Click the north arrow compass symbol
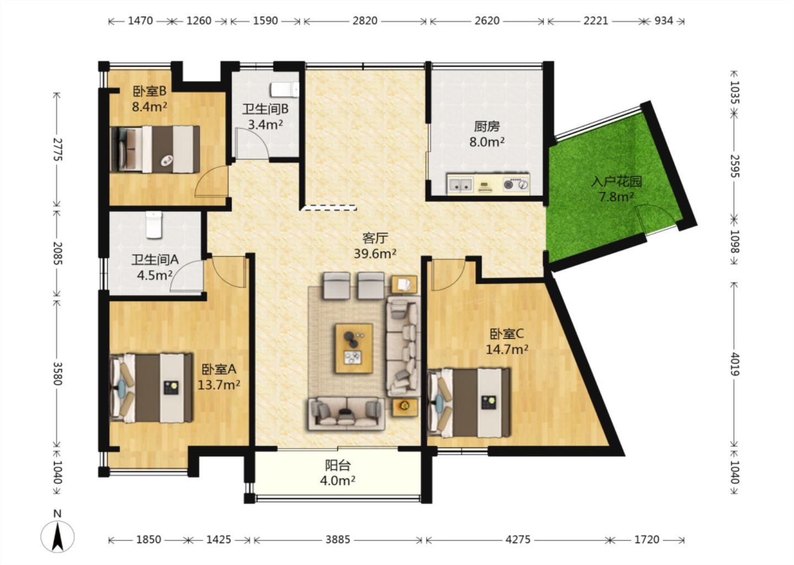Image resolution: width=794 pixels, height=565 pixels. click(57, 533)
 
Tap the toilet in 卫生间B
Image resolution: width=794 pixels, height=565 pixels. click(285, 89)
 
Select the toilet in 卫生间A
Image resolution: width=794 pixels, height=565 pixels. click(154, 225)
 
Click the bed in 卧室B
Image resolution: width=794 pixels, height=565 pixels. click(155, 150)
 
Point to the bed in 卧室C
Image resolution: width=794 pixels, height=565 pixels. click(469, 403)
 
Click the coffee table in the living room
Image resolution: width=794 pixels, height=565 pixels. click(354, 348)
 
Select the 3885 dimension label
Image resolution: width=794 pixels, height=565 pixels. click(338, 540)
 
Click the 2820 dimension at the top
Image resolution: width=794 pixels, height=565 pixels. click(365, 21)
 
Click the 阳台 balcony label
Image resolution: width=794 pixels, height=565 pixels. click(338, 465)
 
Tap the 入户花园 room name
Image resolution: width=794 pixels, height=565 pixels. click(616, 181)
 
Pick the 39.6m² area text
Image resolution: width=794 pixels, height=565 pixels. click(375, 254)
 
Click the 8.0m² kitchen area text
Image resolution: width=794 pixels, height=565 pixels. click(487, 142)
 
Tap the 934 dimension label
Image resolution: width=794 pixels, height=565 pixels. click(663, 21)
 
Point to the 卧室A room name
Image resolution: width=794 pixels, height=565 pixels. click(219, 370)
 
